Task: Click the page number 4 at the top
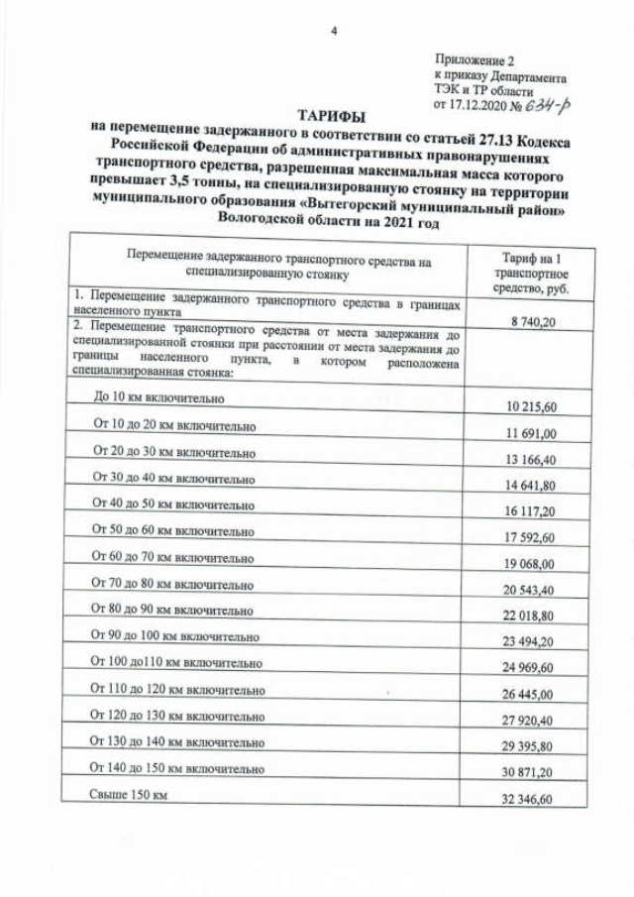coord(334,32)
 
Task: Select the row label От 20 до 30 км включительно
coord(174,451)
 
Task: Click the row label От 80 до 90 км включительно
coord(173,609)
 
